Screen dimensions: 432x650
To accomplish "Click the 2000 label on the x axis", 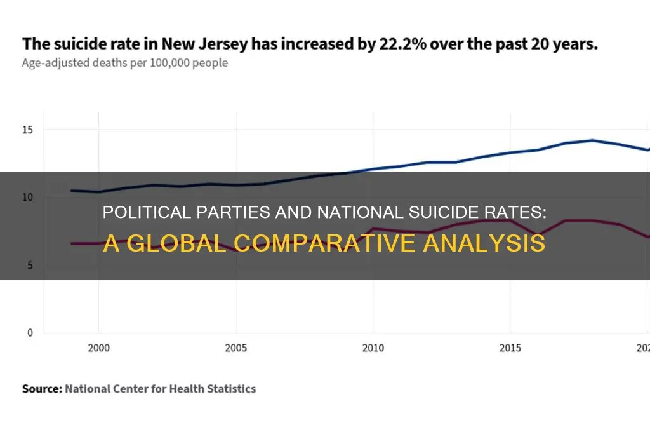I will click(x=98, y=348).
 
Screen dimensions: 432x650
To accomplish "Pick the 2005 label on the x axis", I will click(x=235, y=348).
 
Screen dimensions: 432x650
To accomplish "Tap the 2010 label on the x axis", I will click(x=373, y=348).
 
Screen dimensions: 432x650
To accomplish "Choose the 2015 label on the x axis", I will click(x=510, y=348).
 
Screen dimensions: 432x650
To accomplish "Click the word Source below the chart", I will click(x=41, y=388).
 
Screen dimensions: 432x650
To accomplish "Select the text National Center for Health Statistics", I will click(x=160, y=388).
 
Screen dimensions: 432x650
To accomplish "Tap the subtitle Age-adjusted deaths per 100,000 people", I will click(x=125, y=63).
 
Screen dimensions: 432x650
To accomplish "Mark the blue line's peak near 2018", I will click(x=592, y=140).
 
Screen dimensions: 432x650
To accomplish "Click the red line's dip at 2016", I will click(x=538, y=234).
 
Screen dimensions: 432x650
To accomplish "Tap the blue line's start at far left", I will click(x=71, y=191).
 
